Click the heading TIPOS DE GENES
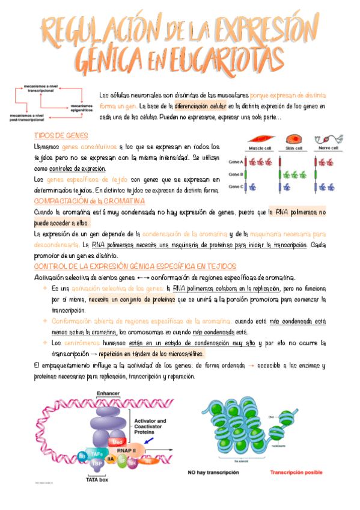(x=62, y=135)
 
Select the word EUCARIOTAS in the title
(x=219, y=58)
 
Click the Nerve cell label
(x=328, y=149)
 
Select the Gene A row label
(x=236, y=162)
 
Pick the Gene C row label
(x=236, y=187)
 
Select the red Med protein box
(x=118, y=442)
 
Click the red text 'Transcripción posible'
(x=296, y=473)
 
